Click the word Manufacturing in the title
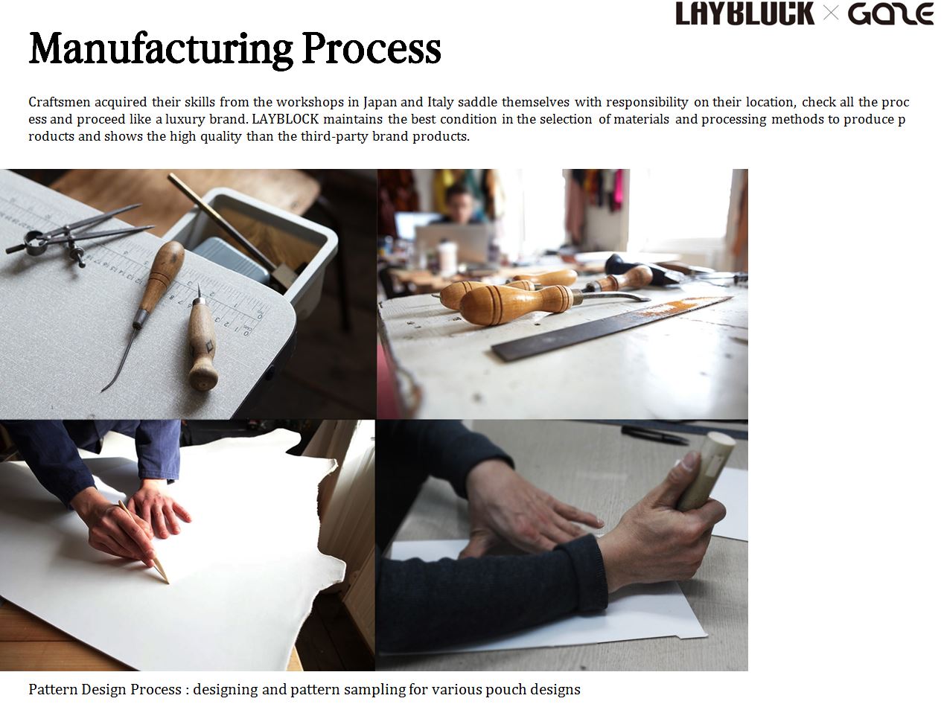[x=161, y=50]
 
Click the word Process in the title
[x=371, y=48]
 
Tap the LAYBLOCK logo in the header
[x=744, y=13]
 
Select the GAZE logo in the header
[x=890, y=13]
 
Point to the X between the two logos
[x=830, y=13]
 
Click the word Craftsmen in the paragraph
[x=60, y=102]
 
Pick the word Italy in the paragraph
[x=440, y=102]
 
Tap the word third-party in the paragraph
[x=334, y=137]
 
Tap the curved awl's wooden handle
[x=162, y=277]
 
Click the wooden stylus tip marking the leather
[x=164, y=577]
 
